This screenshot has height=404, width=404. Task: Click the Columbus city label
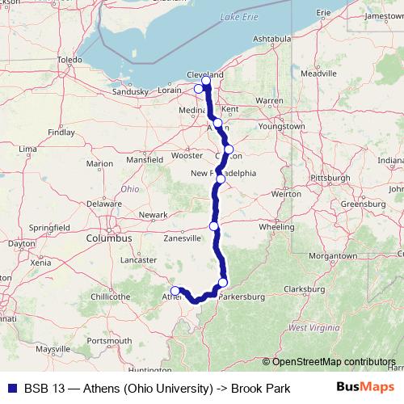[110, 239]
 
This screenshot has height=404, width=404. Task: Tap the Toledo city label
[70, 60]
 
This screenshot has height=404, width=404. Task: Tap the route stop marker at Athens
[175, 290]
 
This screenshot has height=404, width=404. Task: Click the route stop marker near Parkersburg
[223, 282]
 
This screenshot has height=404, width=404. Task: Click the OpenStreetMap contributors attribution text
[332, 362]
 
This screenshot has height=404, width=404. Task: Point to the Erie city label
[323, 13]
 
